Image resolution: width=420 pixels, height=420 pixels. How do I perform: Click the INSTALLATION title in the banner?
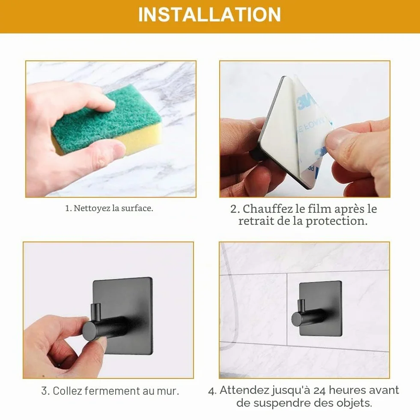209,15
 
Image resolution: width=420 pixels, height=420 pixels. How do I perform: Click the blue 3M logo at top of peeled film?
306,101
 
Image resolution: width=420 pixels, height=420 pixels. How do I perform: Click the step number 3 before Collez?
44,391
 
